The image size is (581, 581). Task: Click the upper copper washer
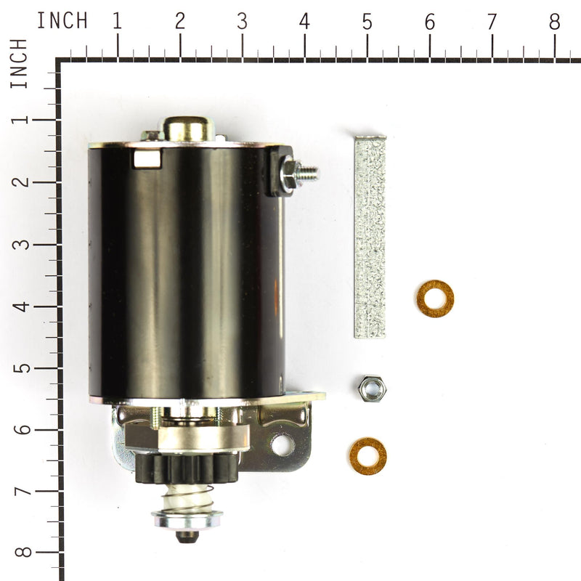(435, 298)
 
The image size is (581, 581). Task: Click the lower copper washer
(367, 456)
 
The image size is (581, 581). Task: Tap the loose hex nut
(372, 388)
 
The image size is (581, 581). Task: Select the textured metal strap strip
(370, 236)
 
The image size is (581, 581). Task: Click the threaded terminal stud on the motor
(306, 173)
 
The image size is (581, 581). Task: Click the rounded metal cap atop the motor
(187, 129)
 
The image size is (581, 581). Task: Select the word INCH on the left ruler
(20, 64)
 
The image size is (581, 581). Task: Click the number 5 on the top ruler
(367, 22)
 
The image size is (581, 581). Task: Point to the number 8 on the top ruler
(554, 22)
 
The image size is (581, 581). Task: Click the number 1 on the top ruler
(116, 22)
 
